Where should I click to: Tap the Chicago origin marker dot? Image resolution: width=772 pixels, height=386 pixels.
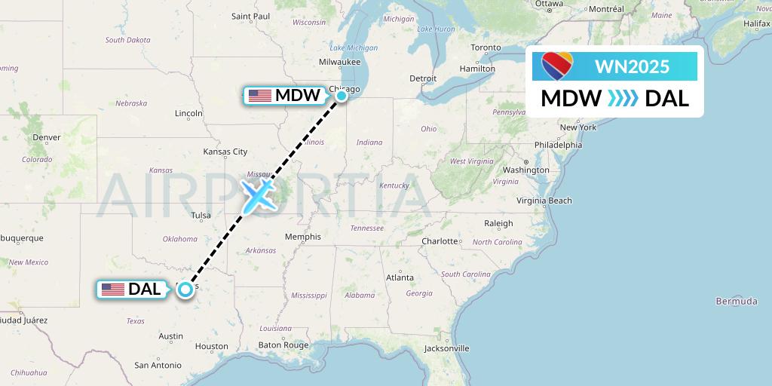point(342,95)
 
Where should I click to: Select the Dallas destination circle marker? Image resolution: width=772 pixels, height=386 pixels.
point(185,289)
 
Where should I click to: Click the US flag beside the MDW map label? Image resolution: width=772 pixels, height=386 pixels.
point(259,96)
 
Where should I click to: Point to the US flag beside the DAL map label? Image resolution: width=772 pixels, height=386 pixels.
point(112,289)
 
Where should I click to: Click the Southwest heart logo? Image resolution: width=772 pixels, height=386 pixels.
point(557,66)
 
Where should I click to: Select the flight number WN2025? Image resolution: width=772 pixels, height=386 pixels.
point(632,66)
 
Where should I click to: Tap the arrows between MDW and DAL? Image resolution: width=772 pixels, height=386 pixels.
point(623,98)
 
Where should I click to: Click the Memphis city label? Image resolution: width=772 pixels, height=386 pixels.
point(302,237)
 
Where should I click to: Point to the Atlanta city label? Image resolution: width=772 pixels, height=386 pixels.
point(400,277)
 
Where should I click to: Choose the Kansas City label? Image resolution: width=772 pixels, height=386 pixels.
point(225,152)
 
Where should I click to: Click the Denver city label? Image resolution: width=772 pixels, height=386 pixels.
point(46,138)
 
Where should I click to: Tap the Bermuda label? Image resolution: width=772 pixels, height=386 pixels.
point(737,302)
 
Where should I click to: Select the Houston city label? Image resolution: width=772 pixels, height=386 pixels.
point(211,347)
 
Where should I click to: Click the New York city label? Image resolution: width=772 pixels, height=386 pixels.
point(577,127)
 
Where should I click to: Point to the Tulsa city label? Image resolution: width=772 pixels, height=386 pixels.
point(201,216)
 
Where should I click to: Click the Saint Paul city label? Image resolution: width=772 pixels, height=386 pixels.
point(250,16)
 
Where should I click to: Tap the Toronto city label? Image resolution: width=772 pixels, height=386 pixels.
point(486,47)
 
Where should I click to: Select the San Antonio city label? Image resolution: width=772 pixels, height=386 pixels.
point(158,365)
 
